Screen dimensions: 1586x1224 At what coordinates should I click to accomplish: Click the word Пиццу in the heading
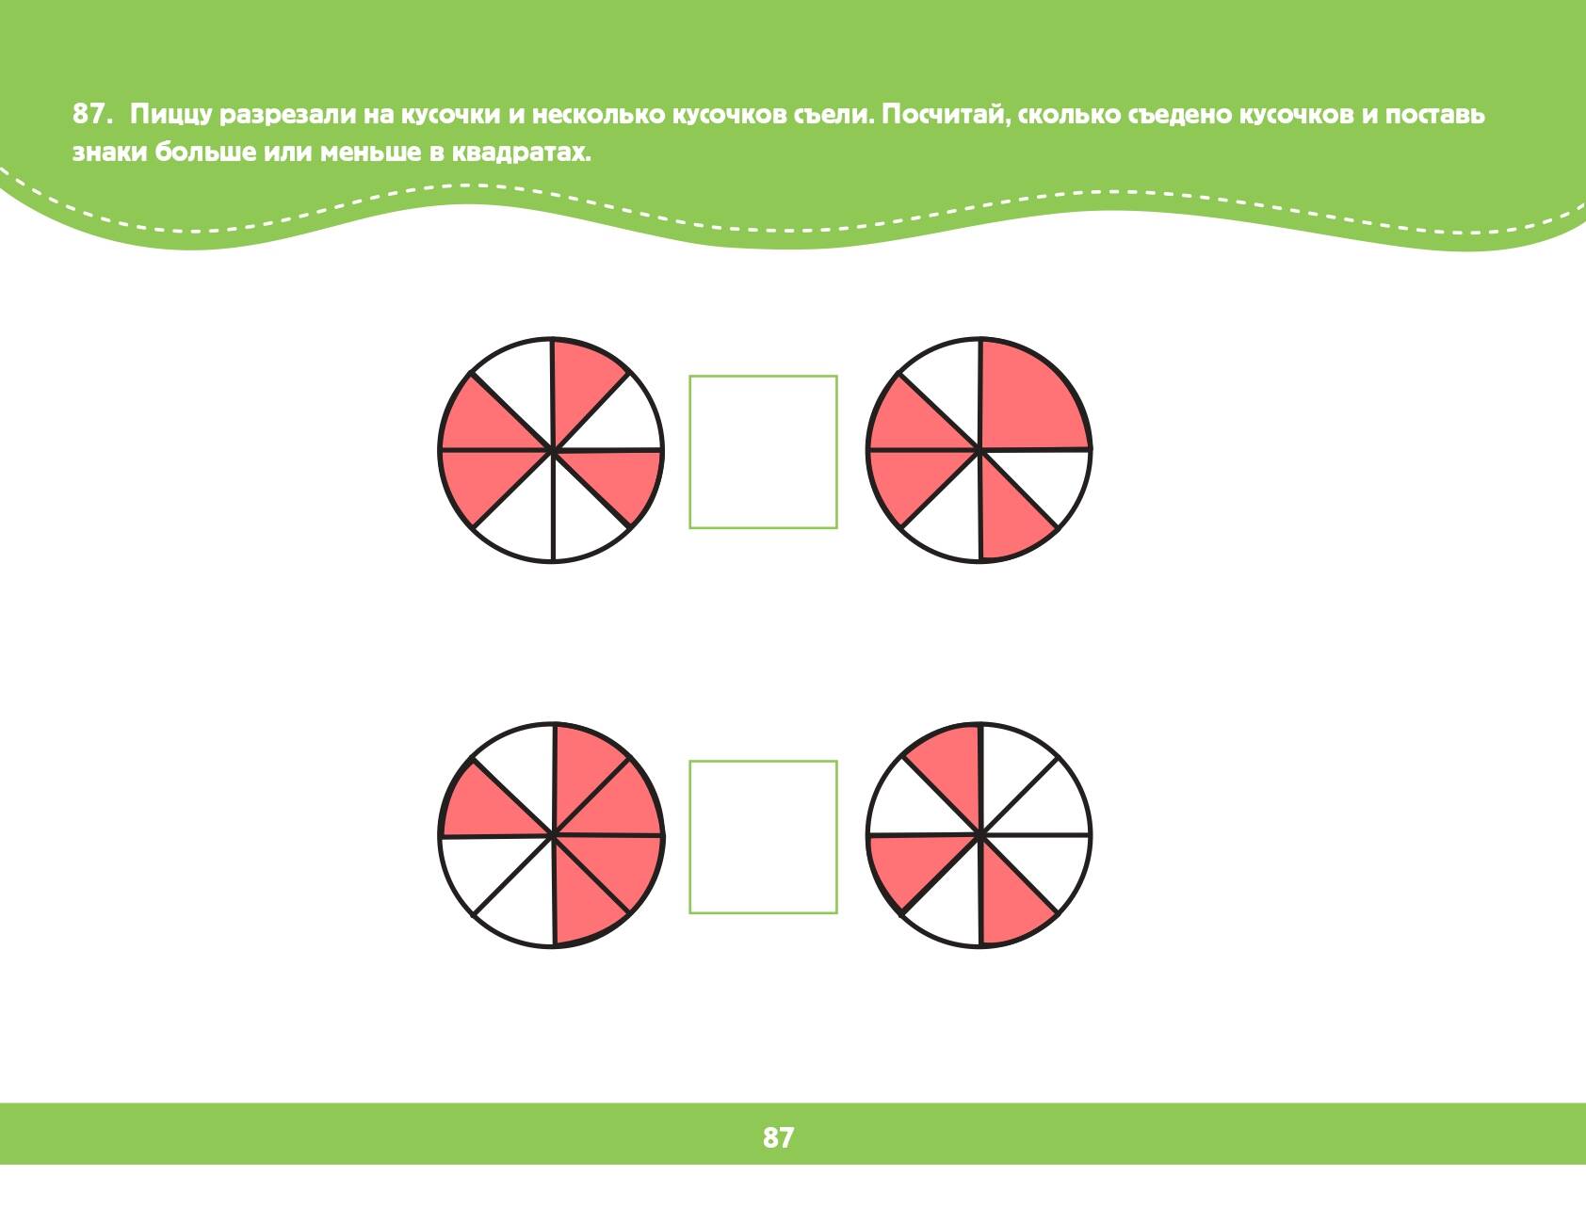point(170,116)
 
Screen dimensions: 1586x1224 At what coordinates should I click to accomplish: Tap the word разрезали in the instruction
point(286,116)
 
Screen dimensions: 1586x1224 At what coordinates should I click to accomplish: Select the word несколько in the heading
point(598,115)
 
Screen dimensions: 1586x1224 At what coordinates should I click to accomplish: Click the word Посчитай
point(947,115)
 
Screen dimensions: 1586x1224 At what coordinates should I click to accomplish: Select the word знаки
point(110,153)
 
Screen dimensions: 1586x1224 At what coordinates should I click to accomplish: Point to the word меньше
point(369,153)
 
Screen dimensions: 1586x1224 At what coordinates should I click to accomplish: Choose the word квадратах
point(521,153)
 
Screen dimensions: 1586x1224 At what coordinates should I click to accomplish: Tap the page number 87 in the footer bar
point(778,1137)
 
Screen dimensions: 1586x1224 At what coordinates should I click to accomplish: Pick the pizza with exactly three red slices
point(979,835)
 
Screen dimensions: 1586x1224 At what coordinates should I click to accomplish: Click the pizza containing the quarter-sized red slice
point(979,450)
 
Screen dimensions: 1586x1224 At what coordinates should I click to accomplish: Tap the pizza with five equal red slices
point(552,835)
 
